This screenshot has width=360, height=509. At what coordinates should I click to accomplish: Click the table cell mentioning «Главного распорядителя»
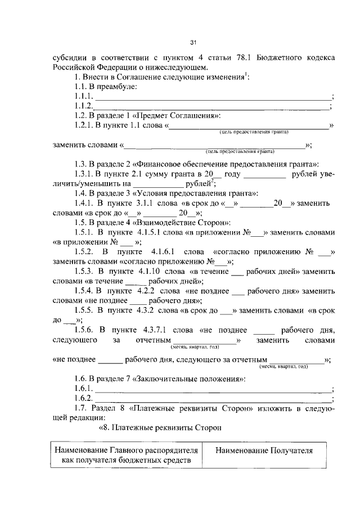(126, 455)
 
